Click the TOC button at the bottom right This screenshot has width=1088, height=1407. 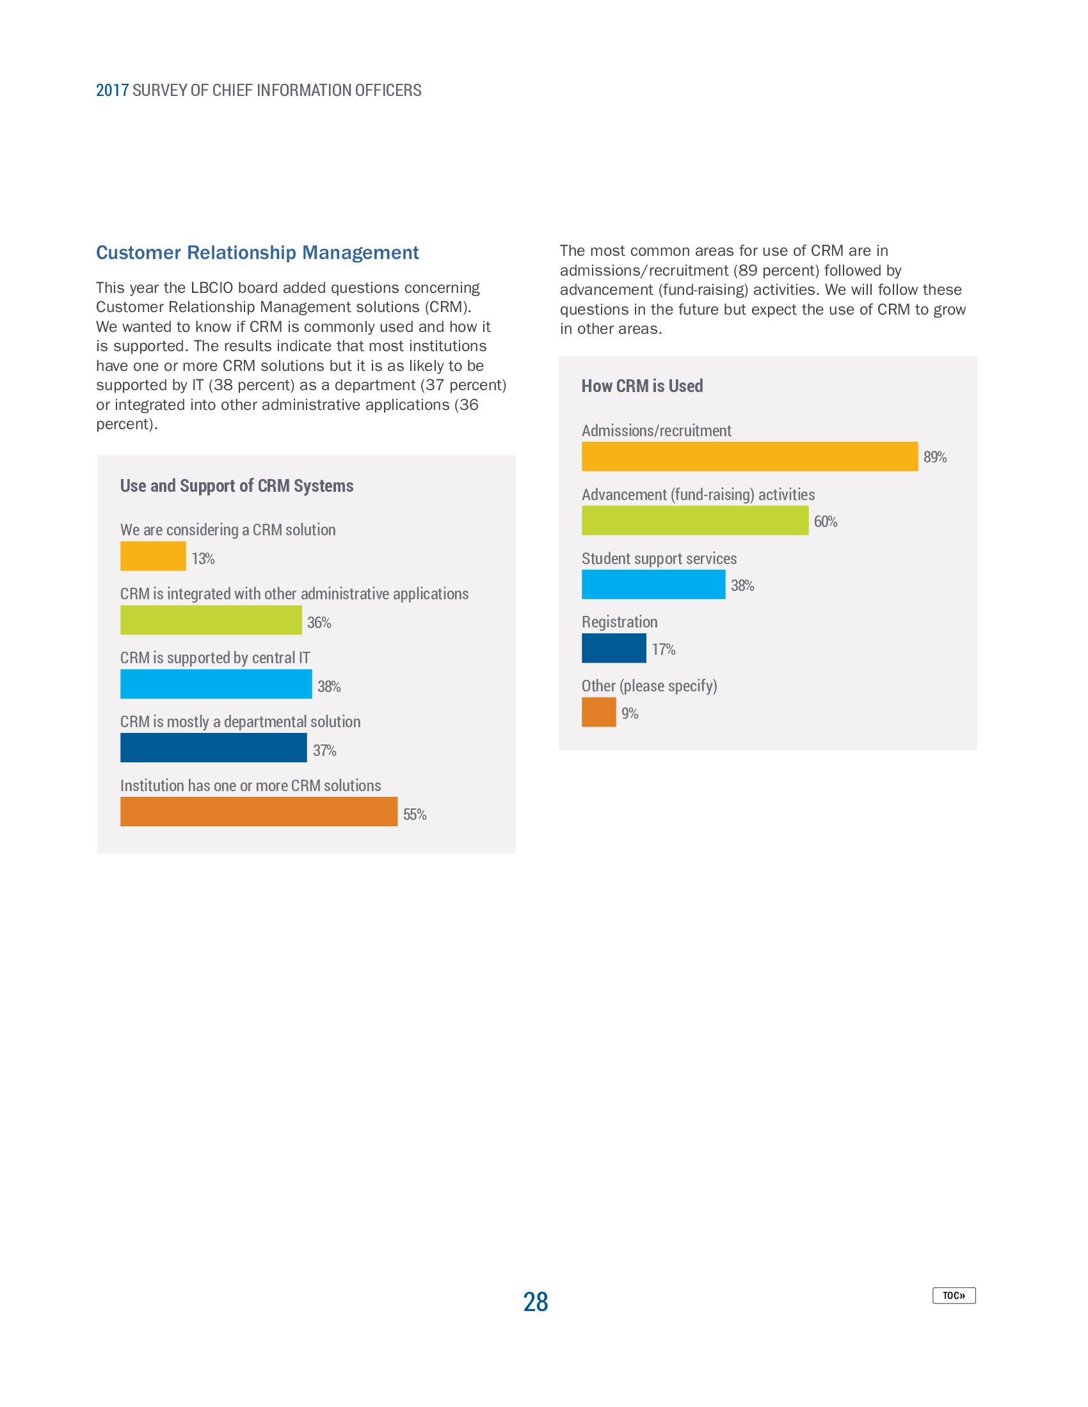[x=954, y=1295]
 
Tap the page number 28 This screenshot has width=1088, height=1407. [x=535, y=1301]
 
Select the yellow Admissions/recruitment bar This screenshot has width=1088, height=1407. [x=749, y=456]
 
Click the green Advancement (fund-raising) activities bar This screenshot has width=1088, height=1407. [x=694, y=520]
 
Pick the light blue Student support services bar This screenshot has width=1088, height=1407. [x=653, y=585]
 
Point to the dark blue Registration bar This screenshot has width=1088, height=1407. [x=613, y=647]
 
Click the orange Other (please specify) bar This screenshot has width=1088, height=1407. [x=598, y=712]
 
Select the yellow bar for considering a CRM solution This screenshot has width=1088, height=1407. [x=153, y=556]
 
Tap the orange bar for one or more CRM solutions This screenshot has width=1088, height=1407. [x=259, y=811]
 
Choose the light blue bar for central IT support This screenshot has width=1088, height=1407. [x=216, y=684]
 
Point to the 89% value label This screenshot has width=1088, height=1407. [x=934, y=457]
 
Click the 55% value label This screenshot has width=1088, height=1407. [x=415, y=814]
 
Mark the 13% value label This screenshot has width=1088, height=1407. [x=202, y=558]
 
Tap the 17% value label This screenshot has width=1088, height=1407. [x=662, y=649]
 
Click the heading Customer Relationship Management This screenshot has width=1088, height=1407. [x=257, y=253]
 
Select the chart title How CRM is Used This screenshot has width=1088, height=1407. [x=641, y=386]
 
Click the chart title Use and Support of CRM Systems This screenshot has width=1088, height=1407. [x=237, y=486]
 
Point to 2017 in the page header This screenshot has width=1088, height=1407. [x=112, y=90]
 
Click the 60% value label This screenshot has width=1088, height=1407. [x=825, y=522]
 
